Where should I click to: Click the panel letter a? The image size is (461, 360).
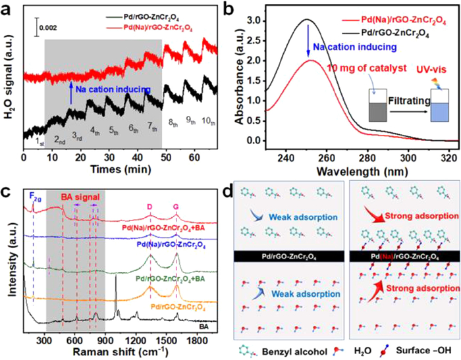coord(9,10)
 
